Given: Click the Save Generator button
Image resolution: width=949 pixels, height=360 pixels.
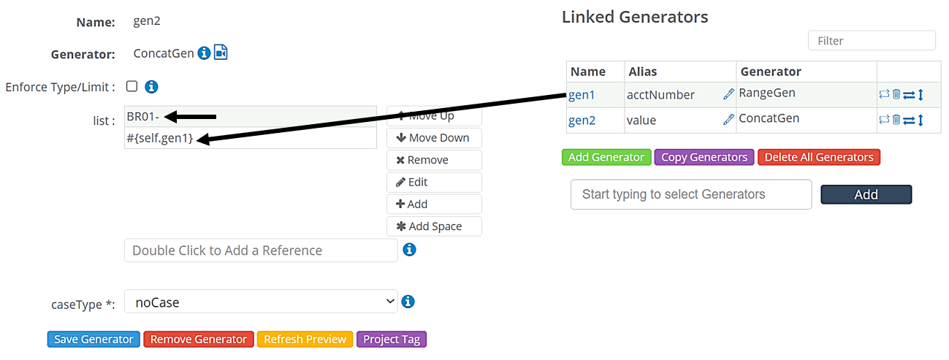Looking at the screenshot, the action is pos(94,339).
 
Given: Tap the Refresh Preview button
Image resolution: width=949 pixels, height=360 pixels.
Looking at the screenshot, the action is pos(305,339).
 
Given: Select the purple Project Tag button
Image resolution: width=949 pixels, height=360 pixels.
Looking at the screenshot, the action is pos(391,339).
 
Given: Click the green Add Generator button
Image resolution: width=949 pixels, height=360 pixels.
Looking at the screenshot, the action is pos(606,157).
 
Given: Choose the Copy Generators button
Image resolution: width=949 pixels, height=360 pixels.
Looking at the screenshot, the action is pos(704,157).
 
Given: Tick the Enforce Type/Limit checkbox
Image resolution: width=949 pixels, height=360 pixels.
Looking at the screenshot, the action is pos(132,86).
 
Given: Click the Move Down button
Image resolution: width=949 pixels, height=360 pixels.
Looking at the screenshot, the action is pos(433,138).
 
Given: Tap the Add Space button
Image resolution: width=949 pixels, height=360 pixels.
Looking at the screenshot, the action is pos(433,226).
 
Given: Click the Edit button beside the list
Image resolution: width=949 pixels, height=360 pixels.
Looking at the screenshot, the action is pos(433,182).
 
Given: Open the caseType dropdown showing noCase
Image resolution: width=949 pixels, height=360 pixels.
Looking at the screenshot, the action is pos(261,302).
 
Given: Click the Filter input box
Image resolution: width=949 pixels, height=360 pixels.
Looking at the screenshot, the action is pos(871,41).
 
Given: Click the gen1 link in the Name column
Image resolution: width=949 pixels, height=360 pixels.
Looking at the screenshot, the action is pos(582,94).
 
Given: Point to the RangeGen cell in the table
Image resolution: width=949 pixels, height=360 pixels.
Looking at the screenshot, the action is pos(767,93).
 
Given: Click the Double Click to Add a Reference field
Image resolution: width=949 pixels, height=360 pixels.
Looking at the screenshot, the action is pos(261,250).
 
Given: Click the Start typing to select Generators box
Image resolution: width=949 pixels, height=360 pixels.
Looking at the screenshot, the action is pos(690,194).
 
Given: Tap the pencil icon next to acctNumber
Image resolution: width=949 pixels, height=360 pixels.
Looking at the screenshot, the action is pos(728,94).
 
